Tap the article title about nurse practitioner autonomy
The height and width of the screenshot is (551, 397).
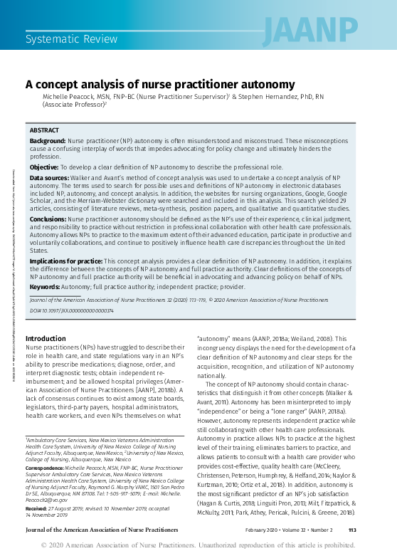point(160,84)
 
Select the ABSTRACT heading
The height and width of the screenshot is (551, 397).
point(45,131)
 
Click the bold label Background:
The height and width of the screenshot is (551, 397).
point(47,142)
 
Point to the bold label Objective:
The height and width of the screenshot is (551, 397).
point(44,167)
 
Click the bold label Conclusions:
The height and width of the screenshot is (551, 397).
point(48,219)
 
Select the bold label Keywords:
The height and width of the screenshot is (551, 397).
point(45,286)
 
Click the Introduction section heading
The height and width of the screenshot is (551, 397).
point(46,338)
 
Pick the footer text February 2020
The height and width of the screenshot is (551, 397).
point(261,530)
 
